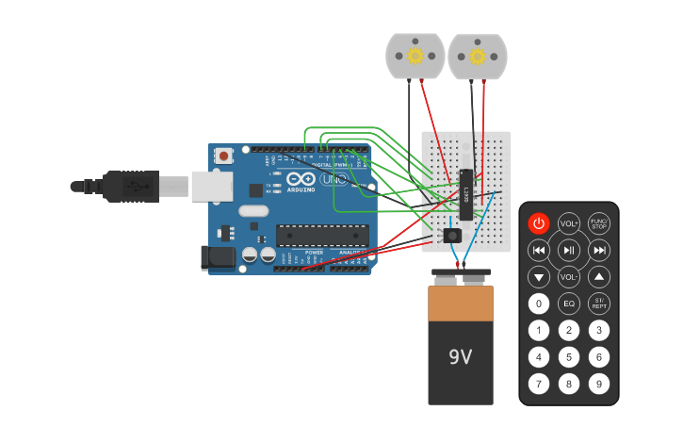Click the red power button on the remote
coord(538,223)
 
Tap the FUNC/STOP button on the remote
coord(599,223)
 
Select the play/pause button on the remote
coord(569,250)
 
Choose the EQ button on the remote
coord(569,304)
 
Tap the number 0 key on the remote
coord(538,304)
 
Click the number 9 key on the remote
coord(599,384)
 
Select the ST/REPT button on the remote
coord(599,304)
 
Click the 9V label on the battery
coord(460,357)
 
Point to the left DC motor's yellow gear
coord(415,57)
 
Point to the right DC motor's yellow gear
coord(477,57)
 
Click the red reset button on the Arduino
coord(224,156)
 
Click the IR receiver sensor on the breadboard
coord(452,234)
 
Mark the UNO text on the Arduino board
coord(333,179)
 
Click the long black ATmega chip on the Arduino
coord(322,236)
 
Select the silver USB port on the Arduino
coord(212,186)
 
